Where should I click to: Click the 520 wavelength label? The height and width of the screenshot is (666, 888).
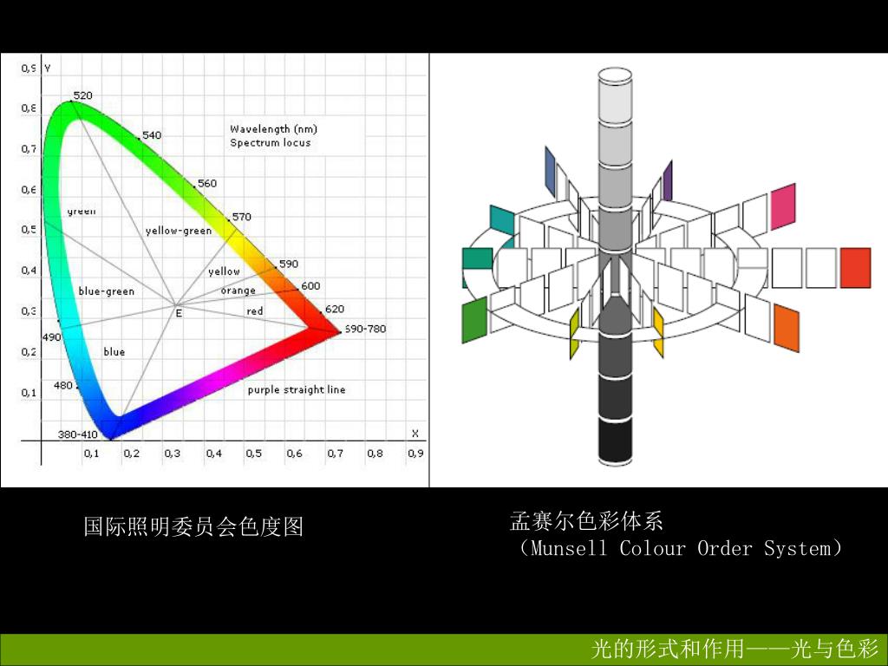pos(82,95)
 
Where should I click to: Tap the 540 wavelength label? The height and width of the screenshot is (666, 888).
pos(152,135)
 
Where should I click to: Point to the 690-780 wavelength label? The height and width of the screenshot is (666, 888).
pos(365,329)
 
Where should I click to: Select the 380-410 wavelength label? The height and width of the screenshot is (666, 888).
pos(78,434)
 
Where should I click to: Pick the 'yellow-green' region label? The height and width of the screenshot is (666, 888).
pos(179,231)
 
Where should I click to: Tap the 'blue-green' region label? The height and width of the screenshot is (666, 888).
pos(107,291)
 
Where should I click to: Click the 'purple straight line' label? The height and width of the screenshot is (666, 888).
pos(297,390)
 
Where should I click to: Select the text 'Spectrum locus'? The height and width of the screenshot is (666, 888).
pos(270,142)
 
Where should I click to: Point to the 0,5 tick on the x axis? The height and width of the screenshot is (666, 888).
pos(254,453)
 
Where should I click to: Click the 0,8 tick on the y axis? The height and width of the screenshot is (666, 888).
pos(29,108)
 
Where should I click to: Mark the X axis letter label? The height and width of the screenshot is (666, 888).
pos(415,434)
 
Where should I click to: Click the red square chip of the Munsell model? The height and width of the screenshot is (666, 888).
pos(855,268)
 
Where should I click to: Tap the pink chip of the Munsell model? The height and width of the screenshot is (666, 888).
pos(783,206)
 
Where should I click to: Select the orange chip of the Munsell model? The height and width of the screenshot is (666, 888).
pos(786,329)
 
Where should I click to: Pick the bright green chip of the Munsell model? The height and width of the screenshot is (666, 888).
pos(474,321)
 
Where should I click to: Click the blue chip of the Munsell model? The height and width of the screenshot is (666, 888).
pos(550,168)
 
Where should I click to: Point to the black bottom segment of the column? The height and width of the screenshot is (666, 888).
pos(623,442)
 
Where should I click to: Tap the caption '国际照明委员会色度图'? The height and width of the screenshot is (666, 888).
pos(193,526)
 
